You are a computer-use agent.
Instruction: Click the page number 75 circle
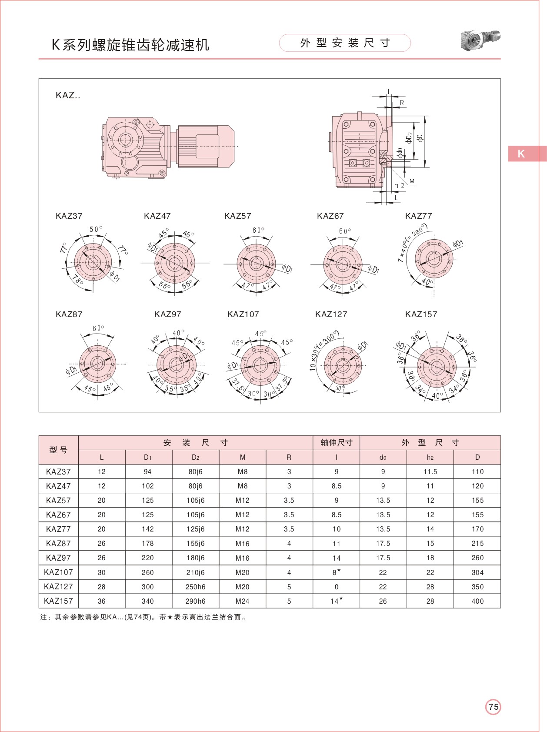click(493, 707)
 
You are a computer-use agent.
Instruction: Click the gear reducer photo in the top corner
click(480, 40)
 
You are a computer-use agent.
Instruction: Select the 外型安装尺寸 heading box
click(345, 43)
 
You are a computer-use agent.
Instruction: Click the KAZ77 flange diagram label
click(418, 216)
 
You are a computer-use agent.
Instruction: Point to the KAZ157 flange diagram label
click(421, 314)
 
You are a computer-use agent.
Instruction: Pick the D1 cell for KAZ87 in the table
click(148, 543)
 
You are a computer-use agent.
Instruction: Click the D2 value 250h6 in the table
click(195, 587)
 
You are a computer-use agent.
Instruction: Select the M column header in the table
click(243, 457)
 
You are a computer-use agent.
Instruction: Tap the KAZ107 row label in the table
click(58, 572)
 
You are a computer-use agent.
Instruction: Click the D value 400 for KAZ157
click(477, 601)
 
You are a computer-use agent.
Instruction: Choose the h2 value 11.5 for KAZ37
click(430, 471)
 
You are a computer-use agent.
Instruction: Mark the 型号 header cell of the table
click(58, 450)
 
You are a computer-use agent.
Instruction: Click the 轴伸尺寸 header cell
click(336, 443)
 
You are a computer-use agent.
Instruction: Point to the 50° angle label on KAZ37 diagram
click(96, 229)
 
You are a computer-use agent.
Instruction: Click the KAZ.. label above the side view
click(68, 95)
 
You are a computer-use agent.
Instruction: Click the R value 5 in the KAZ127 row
click(289, 587)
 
